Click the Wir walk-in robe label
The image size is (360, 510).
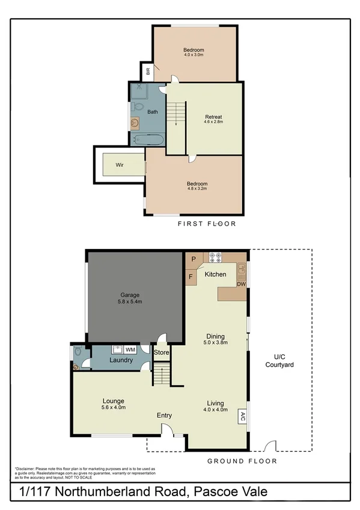click(x=111, y=163)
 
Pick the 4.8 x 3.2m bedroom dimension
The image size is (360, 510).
click(x=197, y=189)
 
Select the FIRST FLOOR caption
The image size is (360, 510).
click(x=207, y=224)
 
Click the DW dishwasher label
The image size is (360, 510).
click(x=241, y=284)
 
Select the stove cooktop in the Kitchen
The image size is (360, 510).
click(x=215, y=256)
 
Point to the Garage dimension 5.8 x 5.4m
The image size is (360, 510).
click(x=130, y=302)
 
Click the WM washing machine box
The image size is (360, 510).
click(x=130, y=349)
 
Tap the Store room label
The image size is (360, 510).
click(x=161, y=352)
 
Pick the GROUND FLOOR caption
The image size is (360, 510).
click(x=242, y=461)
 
